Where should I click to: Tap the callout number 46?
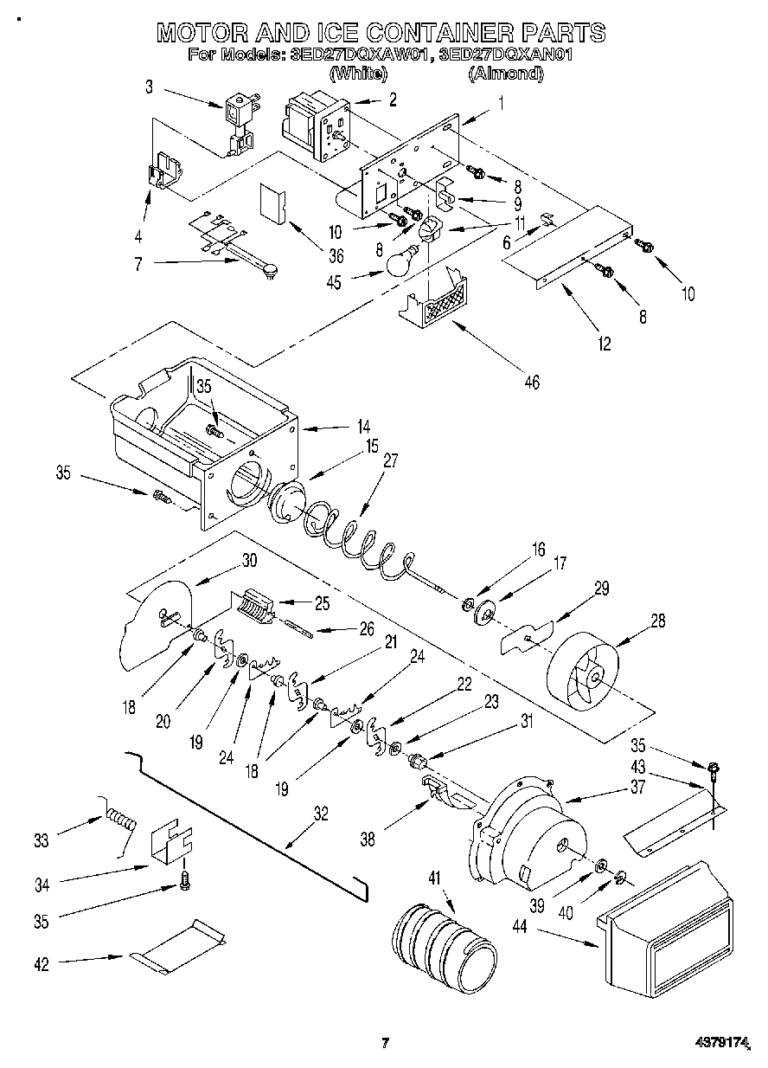tap(531, 382)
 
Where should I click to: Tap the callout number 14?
tap(363, 426)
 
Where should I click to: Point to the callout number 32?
tap(321, 813)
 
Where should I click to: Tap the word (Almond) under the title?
tap(506, 75)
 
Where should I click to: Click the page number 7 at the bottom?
tap(386, 1042)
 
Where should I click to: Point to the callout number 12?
tap(603, 344)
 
